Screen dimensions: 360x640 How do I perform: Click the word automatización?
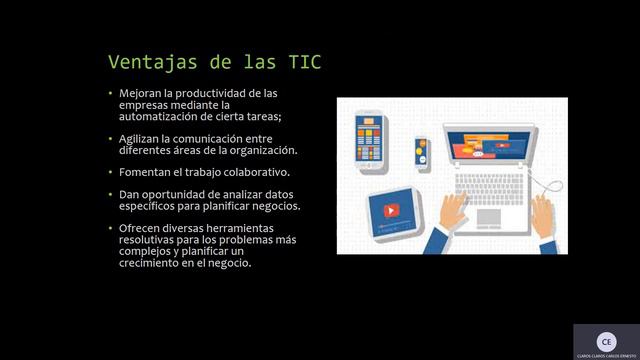pos(164,115)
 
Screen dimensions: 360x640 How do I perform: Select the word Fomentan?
pos(145,172)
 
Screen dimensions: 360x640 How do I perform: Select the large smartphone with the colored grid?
pos(370,139)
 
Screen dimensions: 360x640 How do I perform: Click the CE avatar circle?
pos(605,340)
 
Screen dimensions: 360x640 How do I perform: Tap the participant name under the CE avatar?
pos(605,355)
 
